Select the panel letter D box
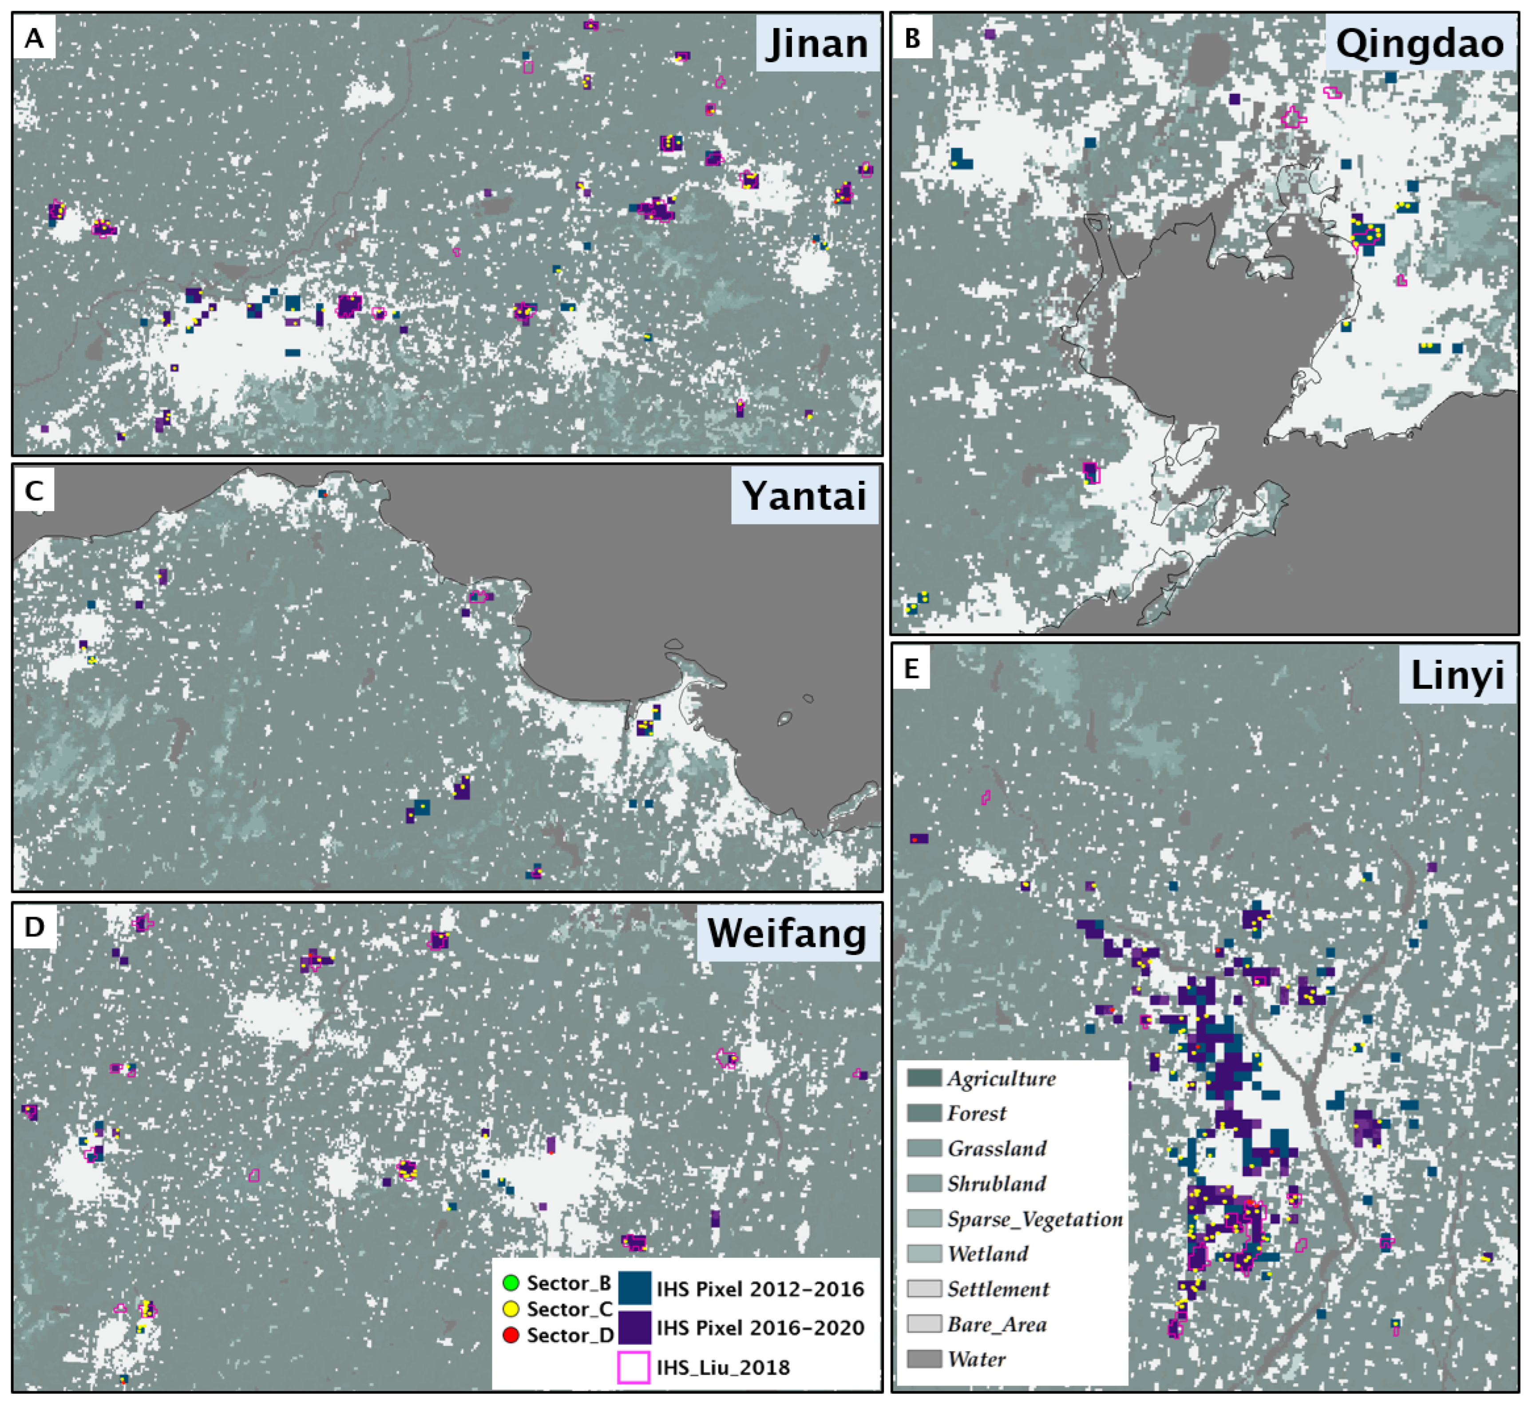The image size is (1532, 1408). pos(34,927)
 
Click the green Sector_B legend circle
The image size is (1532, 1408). pos(511,1284)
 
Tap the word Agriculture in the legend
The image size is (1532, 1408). pos(1001,1078)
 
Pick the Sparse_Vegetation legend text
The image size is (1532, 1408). pos(1034,1219)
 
